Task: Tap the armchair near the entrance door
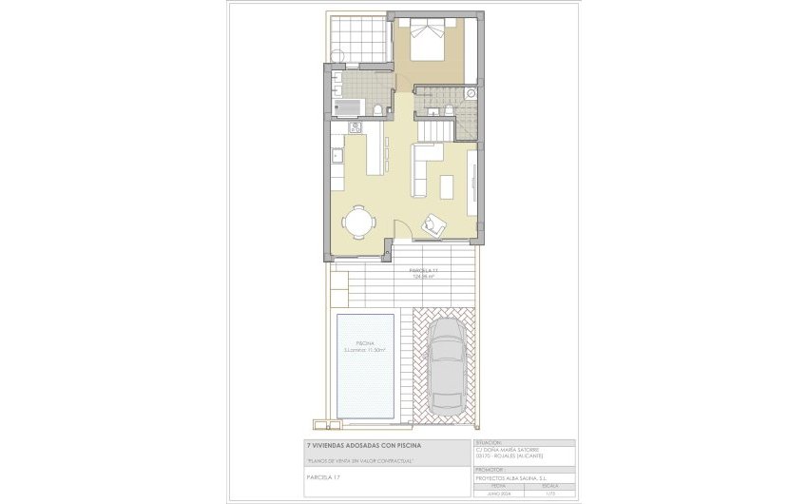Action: (x=434, y=225)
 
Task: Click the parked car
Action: (x=446, y=360)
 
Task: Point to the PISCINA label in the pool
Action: (x=365, y=342)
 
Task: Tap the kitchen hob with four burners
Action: (x=356, y=126)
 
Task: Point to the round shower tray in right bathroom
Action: (x=471, y=94)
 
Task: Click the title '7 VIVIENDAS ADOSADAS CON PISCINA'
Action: (x=359, y=444)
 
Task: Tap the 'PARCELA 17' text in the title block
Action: (x=323, y=475)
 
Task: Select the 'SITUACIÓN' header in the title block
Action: (x=487, y=442)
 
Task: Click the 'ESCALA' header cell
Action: (x=549, y=485)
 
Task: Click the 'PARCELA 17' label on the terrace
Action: (x=423, y=272)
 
